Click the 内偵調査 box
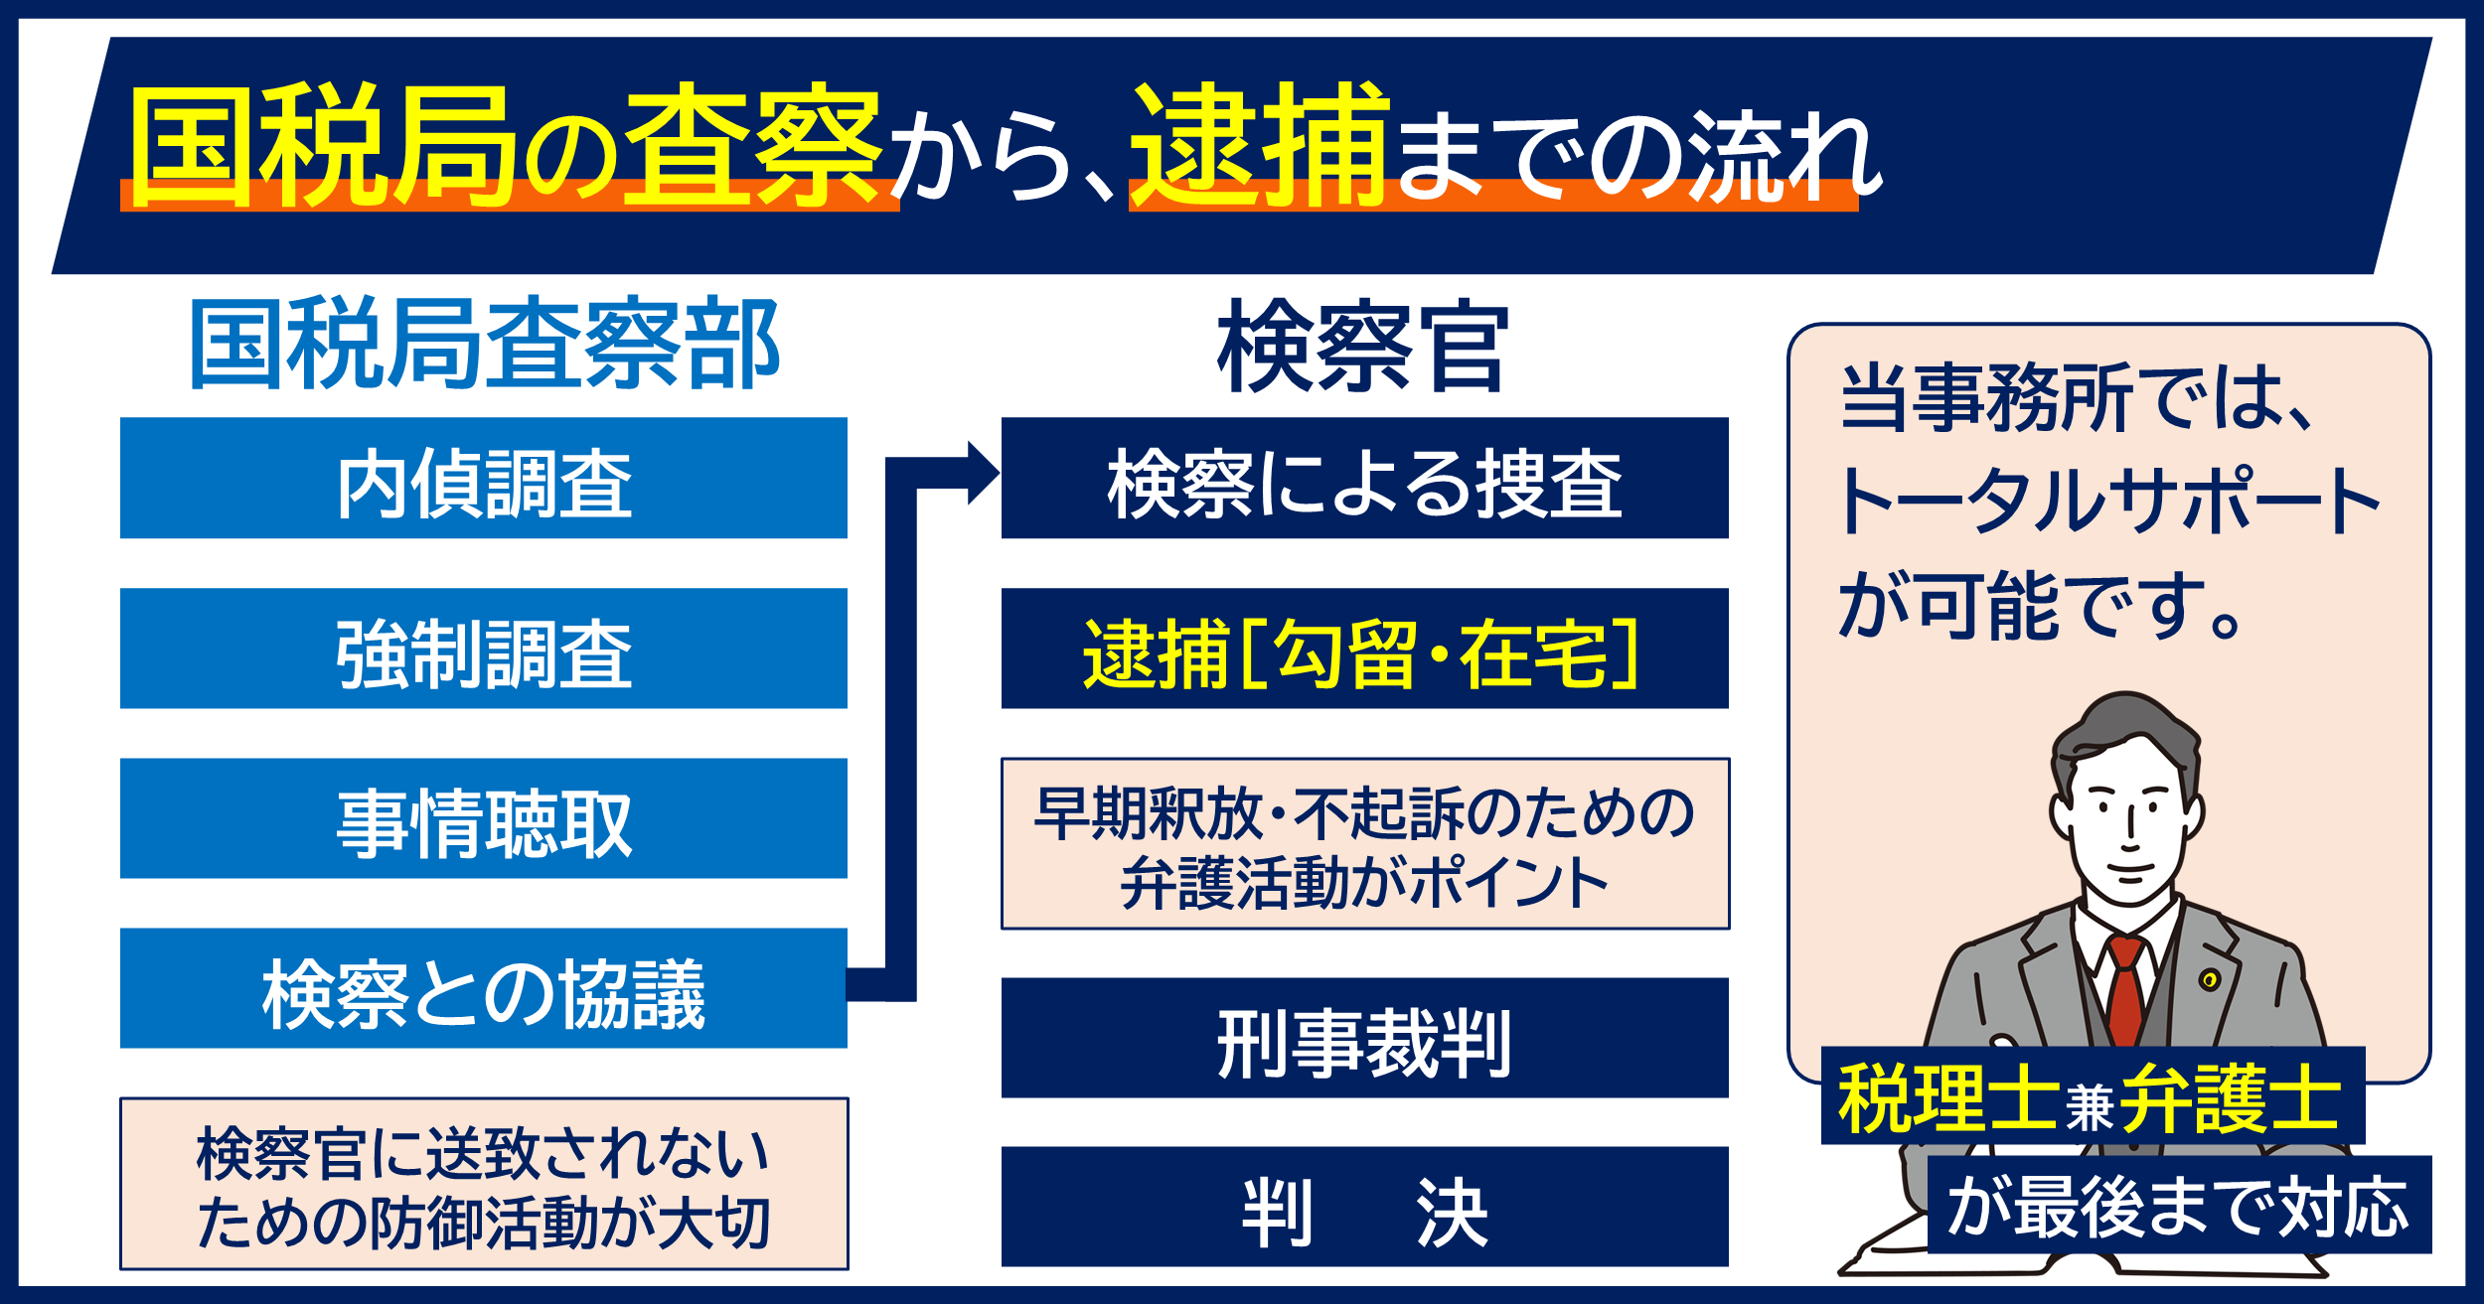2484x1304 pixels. click(483, 478)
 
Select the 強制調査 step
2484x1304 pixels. click(483, 648)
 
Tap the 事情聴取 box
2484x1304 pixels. click(483, 818)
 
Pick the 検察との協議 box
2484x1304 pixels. click(483, 988)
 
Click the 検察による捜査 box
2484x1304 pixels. click(1365, 478)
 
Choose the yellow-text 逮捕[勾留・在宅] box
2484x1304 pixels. click(1365, 648)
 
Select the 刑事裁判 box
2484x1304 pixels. click(1365, 1038)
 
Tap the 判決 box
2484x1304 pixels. click(1365, 1207)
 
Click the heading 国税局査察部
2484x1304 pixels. click(484, 344)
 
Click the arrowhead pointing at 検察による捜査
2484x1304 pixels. click(983, 473)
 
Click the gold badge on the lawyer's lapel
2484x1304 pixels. click(2208, 980)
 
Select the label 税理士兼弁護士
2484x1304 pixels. click(2093, 1095)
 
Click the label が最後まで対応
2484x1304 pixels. click(2179, 1205)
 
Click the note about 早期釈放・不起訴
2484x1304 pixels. click(1365, 844)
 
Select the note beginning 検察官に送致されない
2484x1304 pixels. click(484, 1184)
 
